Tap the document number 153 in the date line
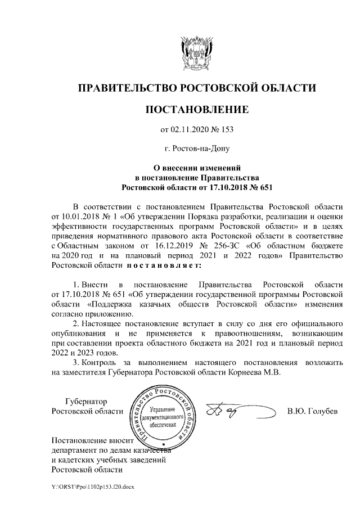[x=226, y=130]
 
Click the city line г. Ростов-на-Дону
[x=196, y=149]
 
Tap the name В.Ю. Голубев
[x=313, y=412]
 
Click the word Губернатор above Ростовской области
[x=85, y=402]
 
